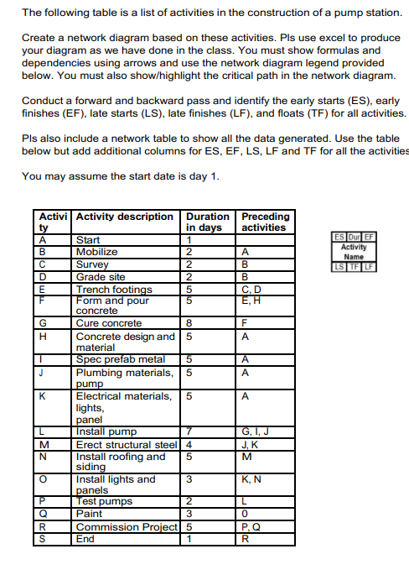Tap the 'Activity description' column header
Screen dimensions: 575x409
[x=125, y=217]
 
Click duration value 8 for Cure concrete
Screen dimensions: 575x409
[x=190, y=323]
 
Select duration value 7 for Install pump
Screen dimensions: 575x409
[x=190, y=431]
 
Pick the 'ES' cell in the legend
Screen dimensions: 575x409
[x=338, y=238]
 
